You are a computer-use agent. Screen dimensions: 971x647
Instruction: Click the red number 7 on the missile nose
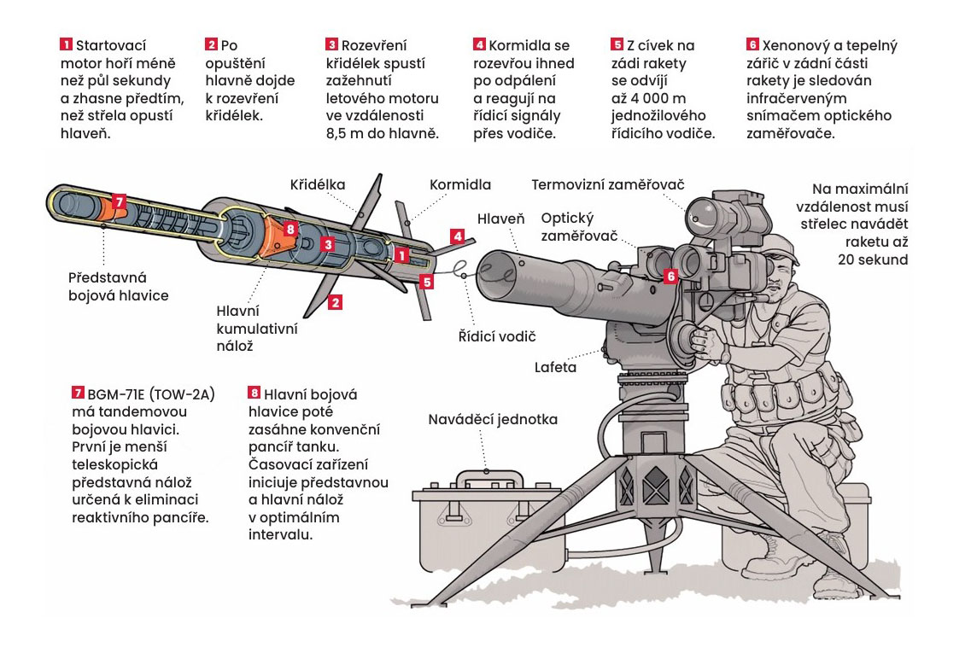coord(120,201)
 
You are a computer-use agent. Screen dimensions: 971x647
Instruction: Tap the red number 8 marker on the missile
coord(290,230)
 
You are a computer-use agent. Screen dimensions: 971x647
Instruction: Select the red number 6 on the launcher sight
coord(670,277)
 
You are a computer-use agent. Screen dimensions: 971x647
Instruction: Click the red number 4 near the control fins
coord(457,236)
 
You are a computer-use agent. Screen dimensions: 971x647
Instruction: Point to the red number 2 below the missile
coord(335,302)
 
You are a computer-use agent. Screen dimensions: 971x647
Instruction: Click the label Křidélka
coord(318,184)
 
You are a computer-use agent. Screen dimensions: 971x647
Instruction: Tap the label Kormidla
coord(460,184)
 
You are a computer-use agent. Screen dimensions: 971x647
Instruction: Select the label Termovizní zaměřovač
coord(608,184)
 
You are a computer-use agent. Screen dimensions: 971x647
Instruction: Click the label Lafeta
coord(555,367)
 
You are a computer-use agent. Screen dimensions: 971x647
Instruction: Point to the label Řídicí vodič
coord(497,337)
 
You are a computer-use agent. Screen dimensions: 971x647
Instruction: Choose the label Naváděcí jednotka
coord(493,420)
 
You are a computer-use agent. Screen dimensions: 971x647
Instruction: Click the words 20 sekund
coord(873,259)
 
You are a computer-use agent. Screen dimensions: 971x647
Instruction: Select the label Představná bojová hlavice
coord(118,287)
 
